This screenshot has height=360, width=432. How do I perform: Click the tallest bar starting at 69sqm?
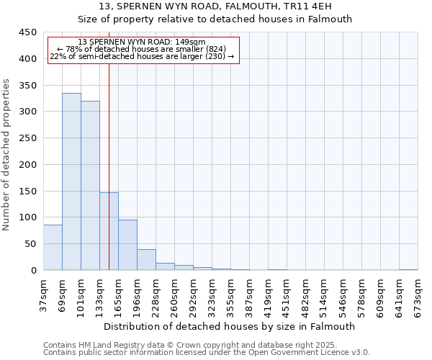click(71, 181)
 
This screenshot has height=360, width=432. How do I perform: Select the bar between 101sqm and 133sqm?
click(90, 186)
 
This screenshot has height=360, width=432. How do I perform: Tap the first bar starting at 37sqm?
click(53, 248)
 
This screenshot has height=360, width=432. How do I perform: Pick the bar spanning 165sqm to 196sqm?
click(127, 245)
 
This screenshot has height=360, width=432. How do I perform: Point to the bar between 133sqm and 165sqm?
click(109, 231)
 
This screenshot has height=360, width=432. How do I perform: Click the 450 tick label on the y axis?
click(28, 32)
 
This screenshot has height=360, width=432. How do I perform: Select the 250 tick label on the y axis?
click(28, 138)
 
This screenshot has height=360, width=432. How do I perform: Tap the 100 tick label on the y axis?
click(28, 217)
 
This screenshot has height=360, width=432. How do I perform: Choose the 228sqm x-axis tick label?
click(156, 297)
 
